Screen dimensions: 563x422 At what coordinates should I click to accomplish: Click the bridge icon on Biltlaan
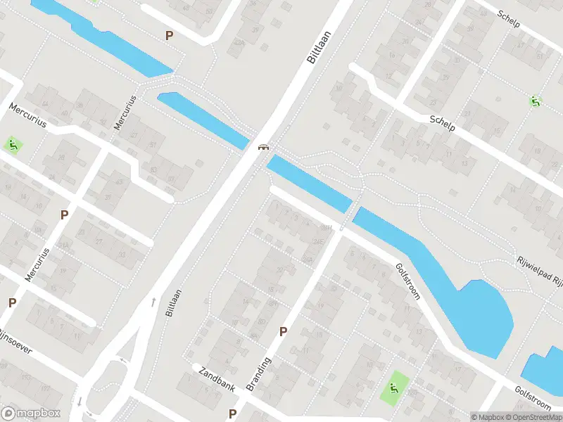click(263, 147)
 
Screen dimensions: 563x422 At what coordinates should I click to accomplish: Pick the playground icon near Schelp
click(536, 101)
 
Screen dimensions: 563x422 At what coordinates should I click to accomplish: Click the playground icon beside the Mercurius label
click(13, 146)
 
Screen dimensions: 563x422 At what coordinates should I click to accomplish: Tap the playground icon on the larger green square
click(393, 386)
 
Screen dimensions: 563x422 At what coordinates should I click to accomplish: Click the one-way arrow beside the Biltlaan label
click(153, 302)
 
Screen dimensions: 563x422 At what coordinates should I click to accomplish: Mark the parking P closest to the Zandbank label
click(232, 414)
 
